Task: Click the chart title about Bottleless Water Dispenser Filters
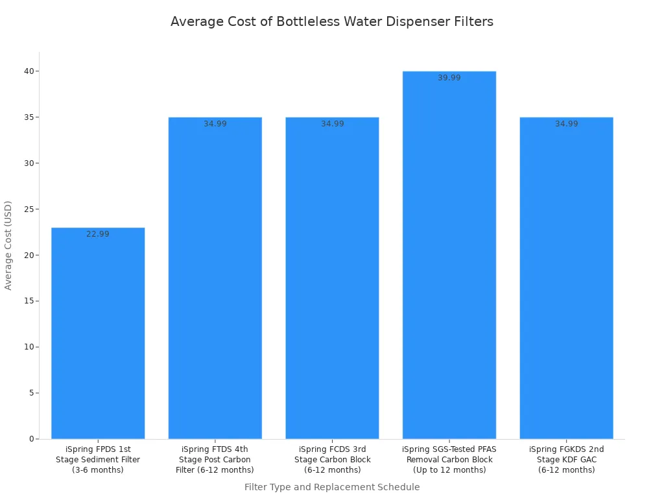click(331, 21)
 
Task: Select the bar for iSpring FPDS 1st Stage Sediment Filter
click(98, 333)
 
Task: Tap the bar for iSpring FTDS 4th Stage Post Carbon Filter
click(215, 278)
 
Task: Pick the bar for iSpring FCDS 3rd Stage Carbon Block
click(332, 278)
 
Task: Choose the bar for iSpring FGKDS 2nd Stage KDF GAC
click(566, 278)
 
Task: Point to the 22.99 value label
click(98, 234)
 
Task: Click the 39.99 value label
click(449, 78)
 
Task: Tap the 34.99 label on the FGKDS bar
click(566, 124)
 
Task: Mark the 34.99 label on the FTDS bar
click(215, 124)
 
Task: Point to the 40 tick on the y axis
click(29, 71)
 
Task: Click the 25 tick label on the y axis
click(29, 209)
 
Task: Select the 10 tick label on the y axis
click(29, 347)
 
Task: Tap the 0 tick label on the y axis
click(31, 439)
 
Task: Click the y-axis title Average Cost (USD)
click(8, 245)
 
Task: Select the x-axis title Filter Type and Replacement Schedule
click(332, 487)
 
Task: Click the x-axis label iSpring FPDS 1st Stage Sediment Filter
click(98, 459)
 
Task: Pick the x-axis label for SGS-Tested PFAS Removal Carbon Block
click(449, 459)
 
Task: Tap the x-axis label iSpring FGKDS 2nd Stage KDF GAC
click(566, 459)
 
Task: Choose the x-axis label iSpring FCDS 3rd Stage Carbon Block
click(332, 459)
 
